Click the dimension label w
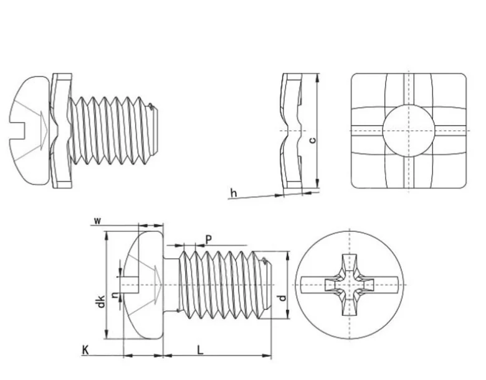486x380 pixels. (97, 221)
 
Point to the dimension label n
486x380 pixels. (114, 296)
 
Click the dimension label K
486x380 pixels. (85, 351)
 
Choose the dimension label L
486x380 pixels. (200, 350)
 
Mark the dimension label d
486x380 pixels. (282, 299)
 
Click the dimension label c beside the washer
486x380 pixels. (312, 141)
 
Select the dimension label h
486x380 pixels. (234, 193)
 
